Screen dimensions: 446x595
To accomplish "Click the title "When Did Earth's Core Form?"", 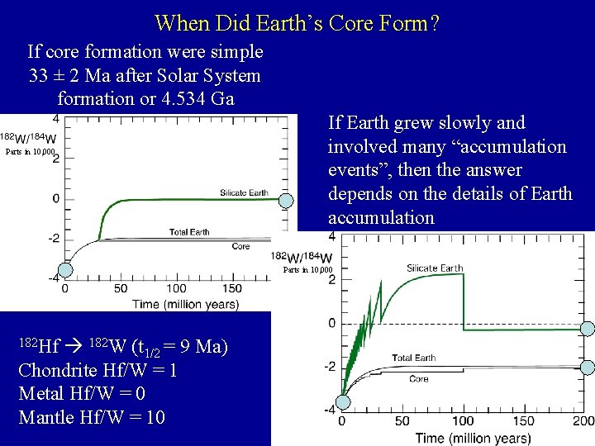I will (x=297, y=22).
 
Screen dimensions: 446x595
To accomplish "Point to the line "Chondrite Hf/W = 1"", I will (x=97, y=369).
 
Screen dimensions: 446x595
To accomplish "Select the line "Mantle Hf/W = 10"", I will (x=91, y=417).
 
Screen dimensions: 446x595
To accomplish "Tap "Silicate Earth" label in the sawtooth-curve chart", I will (x=435, y=268).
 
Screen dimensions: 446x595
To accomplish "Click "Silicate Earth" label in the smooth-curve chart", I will (x=244, y=192).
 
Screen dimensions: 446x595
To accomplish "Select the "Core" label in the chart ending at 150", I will (x=240, y=246).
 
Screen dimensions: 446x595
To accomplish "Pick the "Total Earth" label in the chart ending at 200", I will (x=413, y=358).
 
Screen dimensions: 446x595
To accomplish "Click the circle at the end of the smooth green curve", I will (x=286, y=200).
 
